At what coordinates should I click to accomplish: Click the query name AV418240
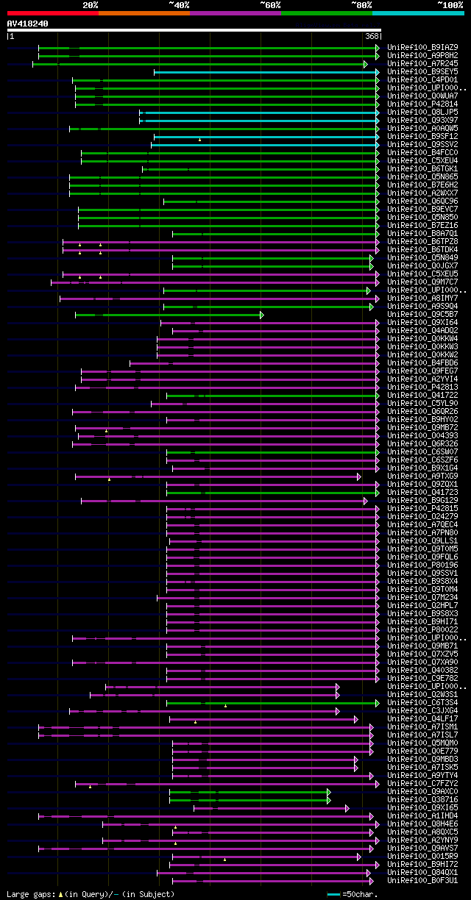pyautogui.click(x=27, y=24)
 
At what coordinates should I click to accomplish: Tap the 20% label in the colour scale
pyautogui.click(x=90, y=5)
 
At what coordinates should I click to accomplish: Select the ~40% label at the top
pyautogui.click(x=179, y=5)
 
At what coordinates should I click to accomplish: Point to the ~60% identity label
pyautogui.click(x=270, y=5)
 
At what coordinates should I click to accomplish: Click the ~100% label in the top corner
pyautogui.click(x=450, y=5)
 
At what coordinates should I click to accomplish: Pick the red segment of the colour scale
pyautogui.click(x=52, y=13)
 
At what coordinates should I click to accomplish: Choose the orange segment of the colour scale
pyautogui.click(x=144, y=13)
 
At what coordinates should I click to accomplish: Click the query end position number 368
pyautogui.click(x=372, y=36)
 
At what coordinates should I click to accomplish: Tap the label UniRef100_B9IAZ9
pyautogui.click(x=422, y=47)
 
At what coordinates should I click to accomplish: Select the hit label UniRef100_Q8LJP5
pyautogui.click(x=422, y=112)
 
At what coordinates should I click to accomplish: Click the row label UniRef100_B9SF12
pyautogui.click(x=422, y=136)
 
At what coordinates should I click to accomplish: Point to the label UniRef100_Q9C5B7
pyautogui.click(x=422, y=315)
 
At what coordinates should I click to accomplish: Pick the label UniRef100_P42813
pyautogui.click(x=422, y=387)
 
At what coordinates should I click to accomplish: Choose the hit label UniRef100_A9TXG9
pyautogui.click(x=422, y=476)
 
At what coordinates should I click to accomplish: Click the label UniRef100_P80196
pyautogui.click(x=422, y=565)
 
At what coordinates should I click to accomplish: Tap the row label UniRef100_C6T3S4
pyautogui.click(x=422, y=703)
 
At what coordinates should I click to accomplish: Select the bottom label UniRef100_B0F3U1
pyautogui.click(x=422, y=881)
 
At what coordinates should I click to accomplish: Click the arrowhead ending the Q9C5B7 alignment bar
pyautogui.click(x=261, y=315)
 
